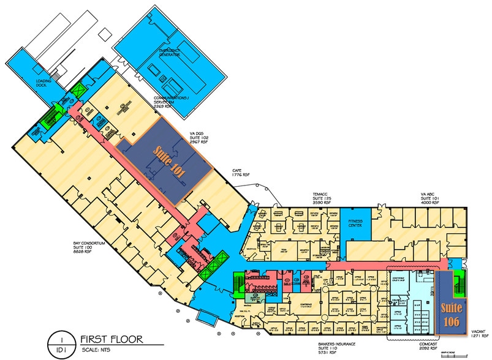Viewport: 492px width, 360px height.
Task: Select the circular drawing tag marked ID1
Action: [61, 343]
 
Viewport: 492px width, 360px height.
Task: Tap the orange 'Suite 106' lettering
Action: [452, 313]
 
